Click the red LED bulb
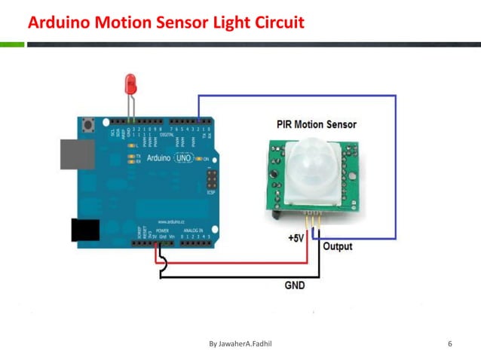click(x=130, y=81)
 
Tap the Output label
click(x=337, y=246)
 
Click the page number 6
click(x=450, y=344)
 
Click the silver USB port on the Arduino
click(x=77, y=153)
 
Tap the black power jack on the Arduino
click(x=85, y=230)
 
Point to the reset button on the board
click(x=91, y=124)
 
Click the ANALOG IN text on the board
click(x=195, y=230)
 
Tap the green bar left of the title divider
click(x=12, y=44)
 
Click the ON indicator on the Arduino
click(x=204, y=158)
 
